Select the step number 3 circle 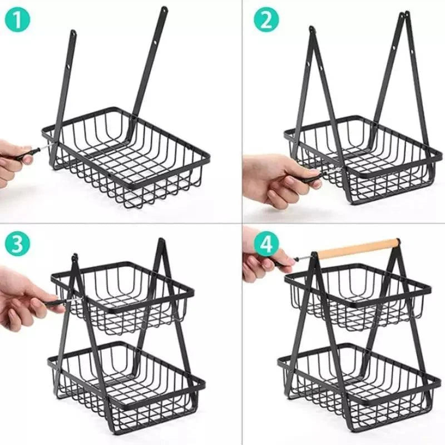[x=18, y=245]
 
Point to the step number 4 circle [x=266, y=245]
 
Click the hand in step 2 [x=275, y=178]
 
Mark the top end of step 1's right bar [x=164, y=9]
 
